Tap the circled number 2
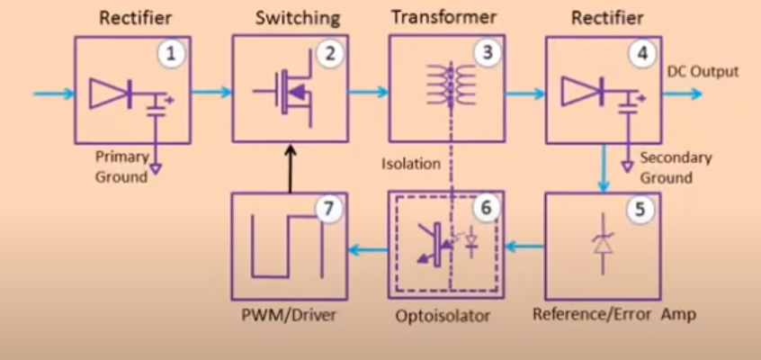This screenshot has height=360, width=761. [330, 54]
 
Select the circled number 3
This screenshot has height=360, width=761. [487, 54]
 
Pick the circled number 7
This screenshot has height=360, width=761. [329, 209]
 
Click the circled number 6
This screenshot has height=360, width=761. [486, 209]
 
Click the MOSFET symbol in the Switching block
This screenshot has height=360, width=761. [286, 94]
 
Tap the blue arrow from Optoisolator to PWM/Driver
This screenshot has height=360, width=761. [369, 246]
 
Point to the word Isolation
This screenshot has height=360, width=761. [410, 164]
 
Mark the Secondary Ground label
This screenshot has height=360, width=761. [675, 167]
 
